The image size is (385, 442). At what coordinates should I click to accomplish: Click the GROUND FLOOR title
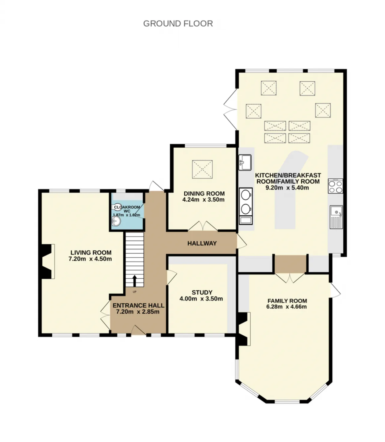(178, 24)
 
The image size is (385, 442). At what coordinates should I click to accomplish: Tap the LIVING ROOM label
(91, 252)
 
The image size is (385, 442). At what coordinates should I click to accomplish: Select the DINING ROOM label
(204, 193)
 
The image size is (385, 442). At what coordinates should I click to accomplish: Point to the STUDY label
(202, 292)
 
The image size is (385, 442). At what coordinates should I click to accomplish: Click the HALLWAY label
(202, 243)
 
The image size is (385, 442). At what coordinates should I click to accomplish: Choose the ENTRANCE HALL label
(138, 305)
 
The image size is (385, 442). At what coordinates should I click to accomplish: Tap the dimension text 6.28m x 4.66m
(286, 306)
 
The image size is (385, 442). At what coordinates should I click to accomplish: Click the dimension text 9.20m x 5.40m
(287, 187)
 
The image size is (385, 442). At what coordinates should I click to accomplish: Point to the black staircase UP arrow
(134, 281)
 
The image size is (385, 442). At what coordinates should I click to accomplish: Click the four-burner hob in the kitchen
(335, 186)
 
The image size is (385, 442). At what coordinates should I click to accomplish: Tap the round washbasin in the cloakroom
(116, 221)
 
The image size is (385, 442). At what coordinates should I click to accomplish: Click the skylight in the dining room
(202, 169)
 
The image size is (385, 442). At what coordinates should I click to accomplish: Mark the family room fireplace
(244, 329)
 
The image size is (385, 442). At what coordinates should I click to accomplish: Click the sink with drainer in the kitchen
(336, 217)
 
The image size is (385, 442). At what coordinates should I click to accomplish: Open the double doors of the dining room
(203, 226)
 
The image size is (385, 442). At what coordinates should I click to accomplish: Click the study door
(171, 277)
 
